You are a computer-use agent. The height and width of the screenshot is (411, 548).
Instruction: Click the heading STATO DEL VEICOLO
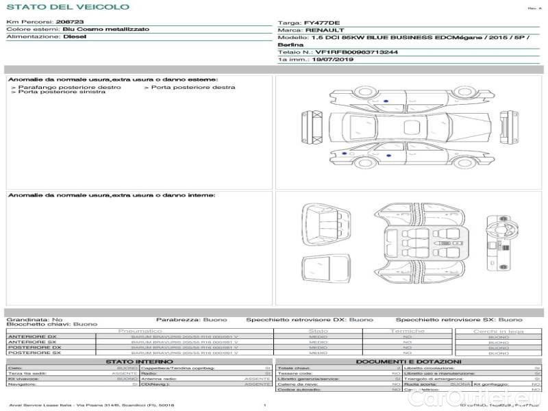coord(67,7)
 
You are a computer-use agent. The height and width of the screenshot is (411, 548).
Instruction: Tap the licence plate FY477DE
coord(322,23)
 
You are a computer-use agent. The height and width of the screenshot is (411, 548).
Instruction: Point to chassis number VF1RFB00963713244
coord(356,52)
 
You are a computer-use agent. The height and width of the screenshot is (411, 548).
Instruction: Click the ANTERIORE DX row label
coord(32,337)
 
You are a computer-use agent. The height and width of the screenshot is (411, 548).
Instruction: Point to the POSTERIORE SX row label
coord(33,353)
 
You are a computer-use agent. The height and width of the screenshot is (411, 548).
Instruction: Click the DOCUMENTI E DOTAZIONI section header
coord(408,362)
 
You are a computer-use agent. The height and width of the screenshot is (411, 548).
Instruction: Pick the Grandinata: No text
coord(34,319)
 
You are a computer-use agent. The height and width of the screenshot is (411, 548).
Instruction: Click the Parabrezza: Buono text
coord(187,319)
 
